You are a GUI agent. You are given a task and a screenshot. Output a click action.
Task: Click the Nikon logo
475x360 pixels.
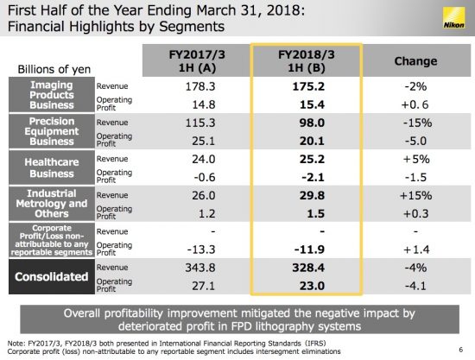tap(453, 18)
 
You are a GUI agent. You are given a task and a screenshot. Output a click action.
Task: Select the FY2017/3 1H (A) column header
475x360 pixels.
tap(197, 61)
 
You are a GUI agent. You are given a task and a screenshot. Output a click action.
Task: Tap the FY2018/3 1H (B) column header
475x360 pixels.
tap(307, 61)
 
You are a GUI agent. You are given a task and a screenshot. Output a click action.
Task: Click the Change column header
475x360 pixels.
tap(415, 61)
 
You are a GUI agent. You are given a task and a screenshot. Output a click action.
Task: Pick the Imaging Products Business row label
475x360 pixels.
tap(52, 95)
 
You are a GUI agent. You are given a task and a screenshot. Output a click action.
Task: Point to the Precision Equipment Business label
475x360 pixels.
tap(52, 131)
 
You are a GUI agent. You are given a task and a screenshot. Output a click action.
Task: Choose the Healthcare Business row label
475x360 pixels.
tap(52, 167)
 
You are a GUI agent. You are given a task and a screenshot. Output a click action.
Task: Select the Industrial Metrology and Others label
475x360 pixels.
tap(52, 204)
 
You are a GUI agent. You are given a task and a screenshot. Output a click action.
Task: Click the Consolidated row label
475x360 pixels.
tap(52, 276)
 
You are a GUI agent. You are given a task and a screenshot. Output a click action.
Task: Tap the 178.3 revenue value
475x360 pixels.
tap(200, 86)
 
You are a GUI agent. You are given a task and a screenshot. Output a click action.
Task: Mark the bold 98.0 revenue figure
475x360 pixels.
tap(312, 123)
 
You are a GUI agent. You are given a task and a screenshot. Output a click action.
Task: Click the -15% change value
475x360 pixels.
tap(417, 123)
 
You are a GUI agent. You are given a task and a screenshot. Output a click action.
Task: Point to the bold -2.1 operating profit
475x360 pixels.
tap(313, 177)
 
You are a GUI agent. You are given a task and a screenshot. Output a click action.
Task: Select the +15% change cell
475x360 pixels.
tap(416, 195)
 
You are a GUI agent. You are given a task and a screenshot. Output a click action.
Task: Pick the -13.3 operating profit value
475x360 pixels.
tap(201, 249)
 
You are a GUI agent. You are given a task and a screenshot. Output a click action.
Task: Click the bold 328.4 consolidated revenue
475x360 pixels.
tap(308, 268)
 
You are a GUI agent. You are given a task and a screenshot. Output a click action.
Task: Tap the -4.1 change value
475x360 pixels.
tap(415, 286)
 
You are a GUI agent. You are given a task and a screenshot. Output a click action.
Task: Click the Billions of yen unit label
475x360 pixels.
tap(54, 69)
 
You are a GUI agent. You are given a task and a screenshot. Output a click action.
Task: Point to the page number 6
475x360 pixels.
tap(461, 350)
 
